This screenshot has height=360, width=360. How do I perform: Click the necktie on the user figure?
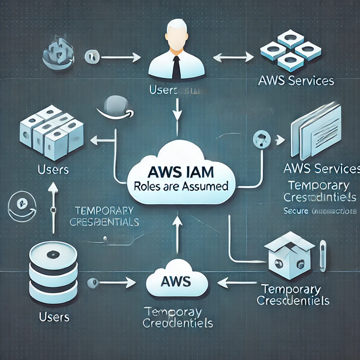(176, 66)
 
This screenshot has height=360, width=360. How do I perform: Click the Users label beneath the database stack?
(54, 317)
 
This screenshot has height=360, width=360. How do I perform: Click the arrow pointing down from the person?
(177, 109)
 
